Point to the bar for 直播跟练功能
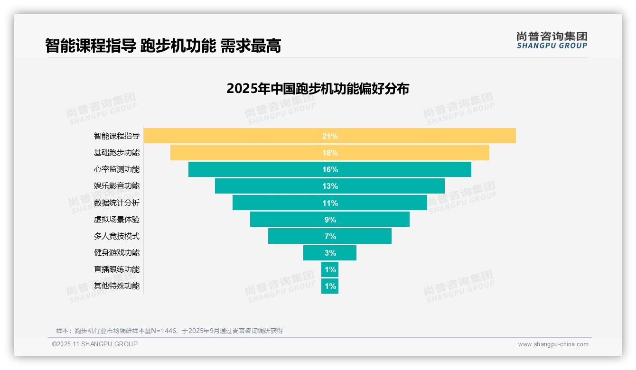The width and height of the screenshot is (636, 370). pyautogui.click(x=330, y=269)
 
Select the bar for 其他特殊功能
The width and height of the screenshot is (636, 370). pyautogui.click(x=330, y=286)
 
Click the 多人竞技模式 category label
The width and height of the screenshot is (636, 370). pyautogui.click(x=117, y=236)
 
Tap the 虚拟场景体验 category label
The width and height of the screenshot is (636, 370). pyautogui.click(x=117, y=220)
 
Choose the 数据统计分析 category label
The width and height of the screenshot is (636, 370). pyautogui.click(x=117, y=203)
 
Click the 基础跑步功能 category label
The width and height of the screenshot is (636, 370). pyautogui.click(x=117, y=153)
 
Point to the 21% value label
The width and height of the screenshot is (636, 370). pyautogui.click(x=330, y=136)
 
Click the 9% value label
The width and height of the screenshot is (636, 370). pyautogui.click(x=330, y=220)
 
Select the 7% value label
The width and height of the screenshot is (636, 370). pyautogui.click(x=330, y=236)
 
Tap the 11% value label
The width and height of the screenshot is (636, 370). pyautogui.click(x=330, y=203)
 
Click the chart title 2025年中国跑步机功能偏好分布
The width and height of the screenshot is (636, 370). pyautogui.click(x=318, y=89)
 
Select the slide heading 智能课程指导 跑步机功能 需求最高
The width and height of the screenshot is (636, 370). pyautogui.click(x=163, y=46)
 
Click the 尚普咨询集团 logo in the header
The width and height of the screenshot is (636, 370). pyautogui.click(x=552, y=40)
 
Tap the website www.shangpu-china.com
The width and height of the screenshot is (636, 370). pyautogui.click(x=553, y=344)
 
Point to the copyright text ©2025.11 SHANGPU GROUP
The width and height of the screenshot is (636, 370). pyautogui.click(x=95, y=344)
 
